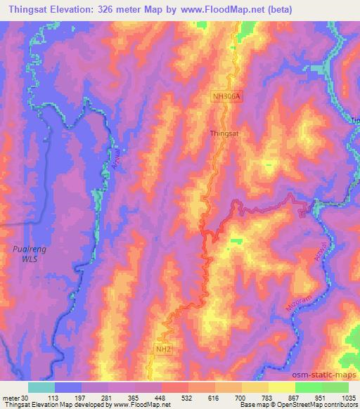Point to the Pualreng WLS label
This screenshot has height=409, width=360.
[25, 253]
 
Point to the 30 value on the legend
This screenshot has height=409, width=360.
[26, 398]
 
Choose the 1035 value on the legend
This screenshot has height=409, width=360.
[349, 398]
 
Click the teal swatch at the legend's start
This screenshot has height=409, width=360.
[41, 387]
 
